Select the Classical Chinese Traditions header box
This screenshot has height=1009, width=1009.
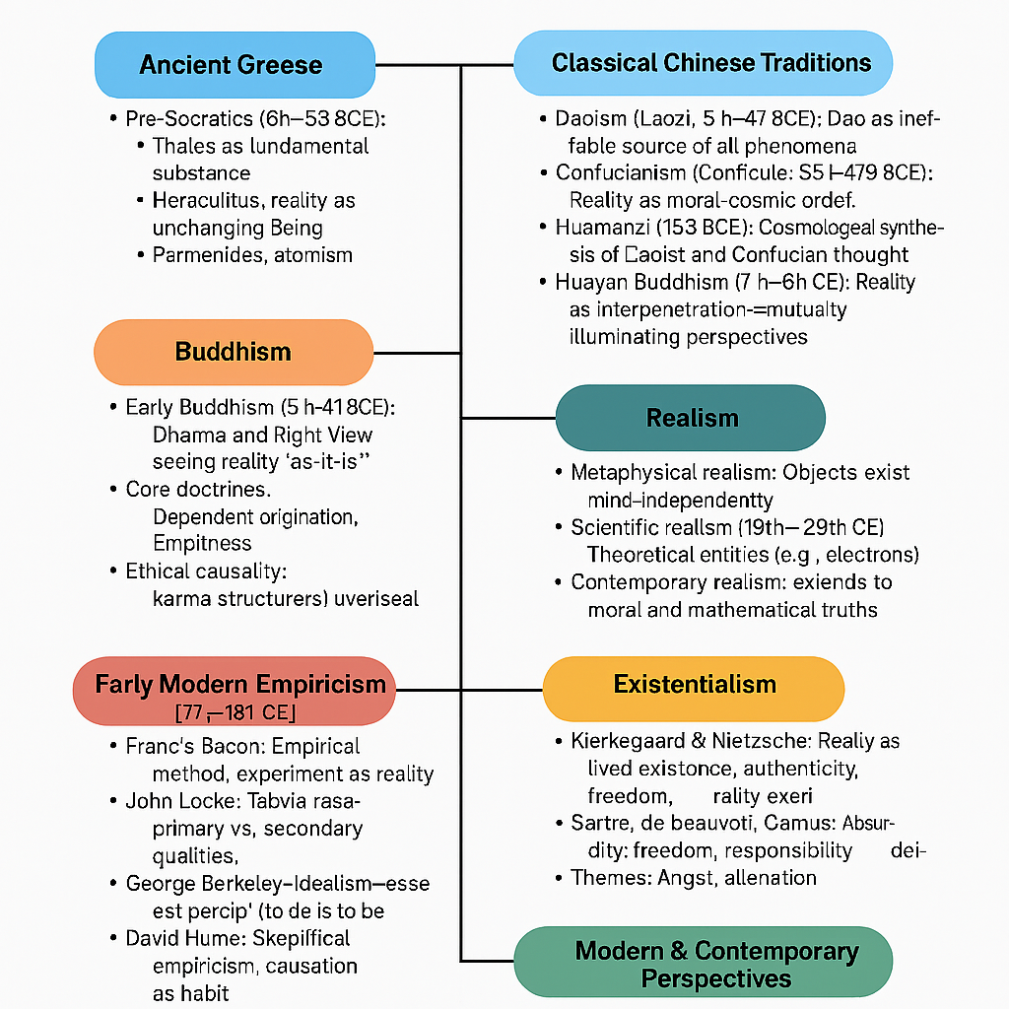pyautogui.click(x=704, y=63)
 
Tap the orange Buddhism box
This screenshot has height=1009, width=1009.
pyautogui.click(x=234, y=352)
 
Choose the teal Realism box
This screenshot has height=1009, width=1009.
pyautogui.click(x=692, y=418)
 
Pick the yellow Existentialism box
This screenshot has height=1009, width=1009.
pyautogui.click(x=694, y=684)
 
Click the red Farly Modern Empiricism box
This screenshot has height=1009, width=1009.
pyautogui.click(x=235, y=691)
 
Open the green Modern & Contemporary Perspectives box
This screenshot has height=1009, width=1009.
pyautogui.click(x=704, y=964)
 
